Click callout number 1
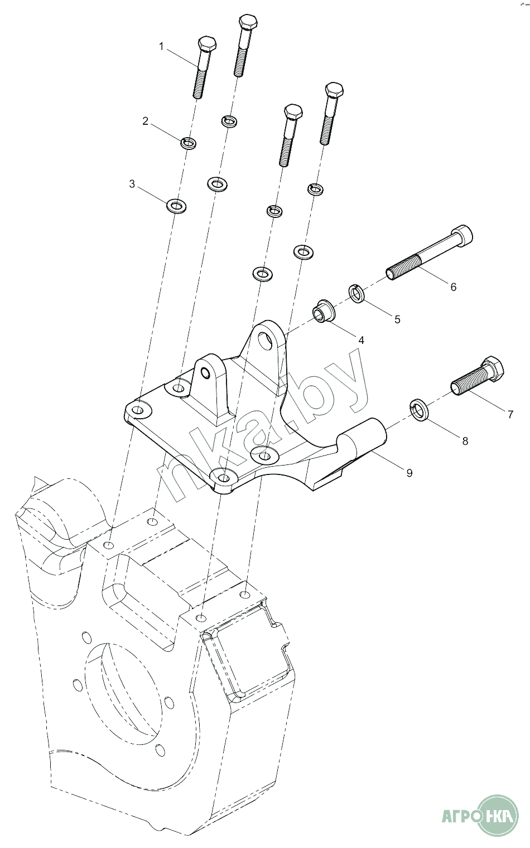(161, 47)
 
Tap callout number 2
(145, 121)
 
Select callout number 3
(132, 185)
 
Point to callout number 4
(361, 340)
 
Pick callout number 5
(397, 319)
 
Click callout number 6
(453, 287)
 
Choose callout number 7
(510, 415)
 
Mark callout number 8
(465, 441)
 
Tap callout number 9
(409, 473)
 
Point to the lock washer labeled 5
(357, 293)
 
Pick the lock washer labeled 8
(420, 409)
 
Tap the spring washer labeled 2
(188, 143)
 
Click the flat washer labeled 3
(176, 205)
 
